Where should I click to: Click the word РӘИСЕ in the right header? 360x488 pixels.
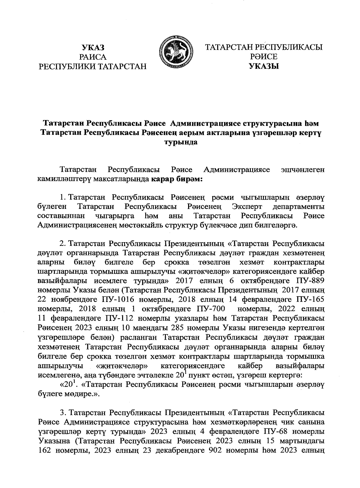tap(264, 57)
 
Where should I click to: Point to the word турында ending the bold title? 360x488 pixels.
tap(180, 142)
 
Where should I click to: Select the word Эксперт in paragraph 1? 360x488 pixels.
tap(247, 207)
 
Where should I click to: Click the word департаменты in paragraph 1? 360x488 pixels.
tap(298, 207)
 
